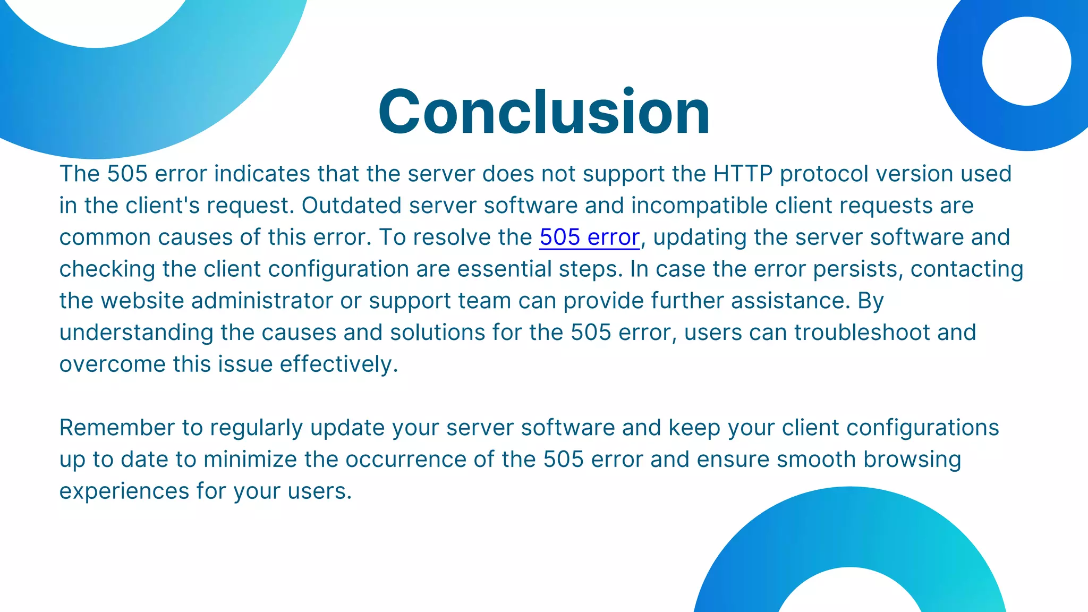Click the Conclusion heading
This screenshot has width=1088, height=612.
pos(543,112)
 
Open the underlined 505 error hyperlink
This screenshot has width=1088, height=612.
pos(589,237)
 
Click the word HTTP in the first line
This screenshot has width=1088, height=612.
pos(742,174)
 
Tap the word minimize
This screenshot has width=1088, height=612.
pos(250,460)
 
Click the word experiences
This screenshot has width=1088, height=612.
pos(124,491)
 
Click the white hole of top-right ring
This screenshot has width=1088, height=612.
pos(1026,61)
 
